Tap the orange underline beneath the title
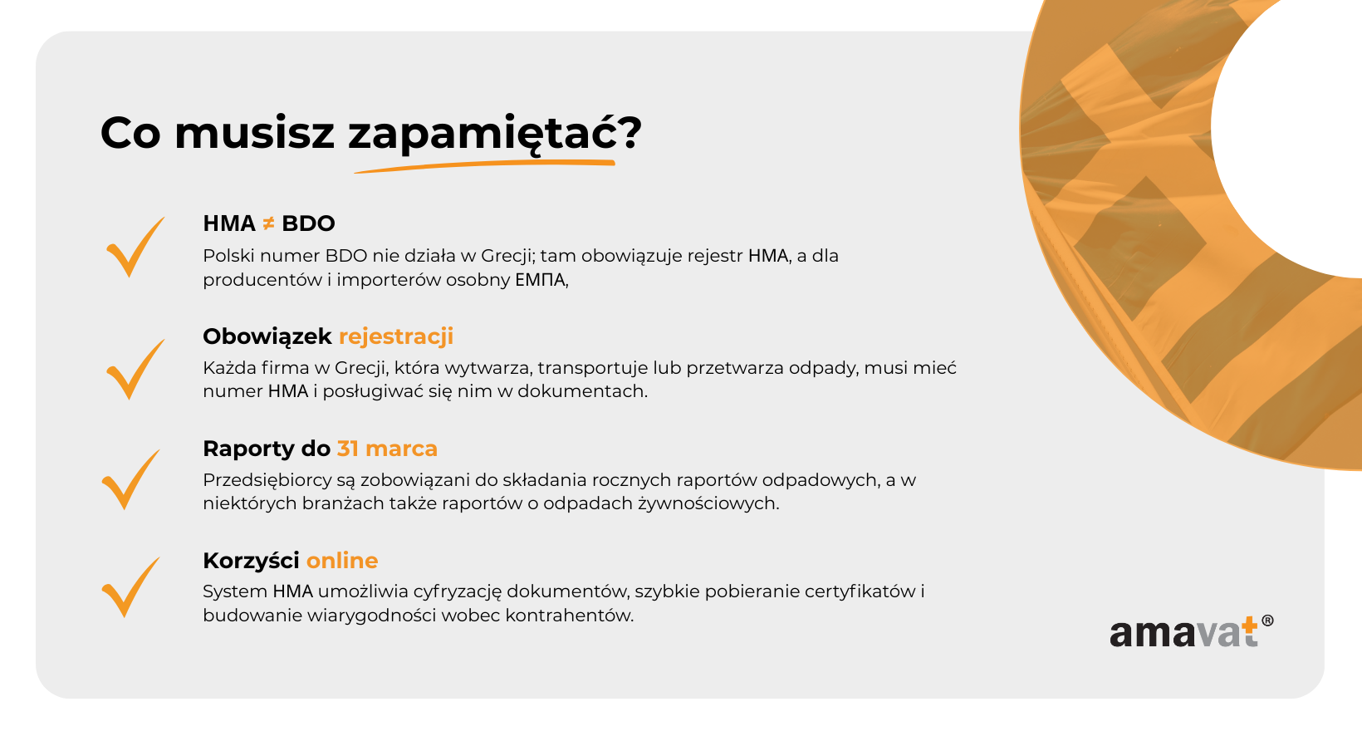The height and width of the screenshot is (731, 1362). click(485, 165)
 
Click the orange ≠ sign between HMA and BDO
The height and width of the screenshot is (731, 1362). click(268, 223)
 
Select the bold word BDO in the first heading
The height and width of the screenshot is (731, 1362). click(308, 223)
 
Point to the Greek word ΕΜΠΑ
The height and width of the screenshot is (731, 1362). click(541, 280)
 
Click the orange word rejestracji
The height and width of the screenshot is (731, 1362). click(396, 336)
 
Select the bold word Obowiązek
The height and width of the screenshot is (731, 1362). click(267, 336)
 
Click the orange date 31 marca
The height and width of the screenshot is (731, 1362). click(387, 449)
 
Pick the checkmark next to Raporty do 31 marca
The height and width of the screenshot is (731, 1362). click(130, 479)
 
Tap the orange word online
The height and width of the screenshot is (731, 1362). click(341, 560)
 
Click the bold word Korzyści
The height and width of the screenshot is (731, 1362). click(251, 560)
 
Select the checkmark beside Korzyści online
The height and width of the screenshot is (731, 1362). click(130, 586)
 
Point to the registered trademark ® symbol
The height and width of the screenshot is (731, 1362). click(1268, 621)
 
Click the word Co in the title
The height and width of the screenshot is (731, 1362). click(130, 134)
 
